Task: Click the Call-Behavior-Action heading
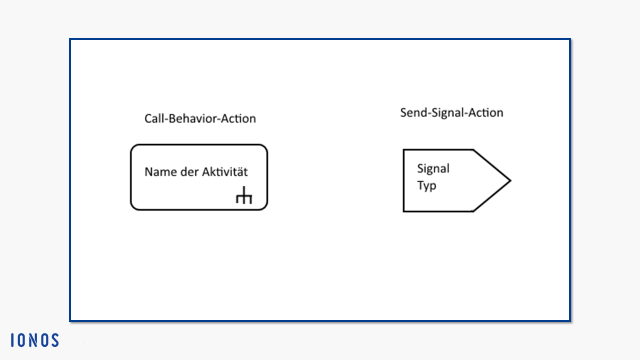(x=200, y=118)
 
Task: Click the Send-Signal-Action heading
(x=451, y=113)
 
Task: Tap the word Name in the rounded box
(x=160, y=172)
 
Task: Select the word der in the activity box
(x=189, y=172)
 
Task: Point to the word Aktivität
(x=225, y=171)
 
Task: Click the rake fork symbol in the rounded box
(x=244, y=195)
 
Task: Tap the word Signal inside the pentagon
(x=433, y=169)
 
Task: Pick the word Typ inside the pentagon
(x=426, y=185)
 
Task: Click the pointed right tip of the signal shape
(x=511, y=180)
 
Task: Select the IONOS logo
(x=35, y=340)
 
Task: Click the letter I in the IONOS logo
(x=12, y=340)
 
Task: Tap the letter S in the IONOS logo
(x=54, y=340)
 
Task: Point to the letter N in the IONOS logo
(x=33, y=340)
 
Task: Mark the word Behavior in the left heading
(x=192, y=118)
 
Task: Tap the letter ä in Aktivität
(x=239, y=172)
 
